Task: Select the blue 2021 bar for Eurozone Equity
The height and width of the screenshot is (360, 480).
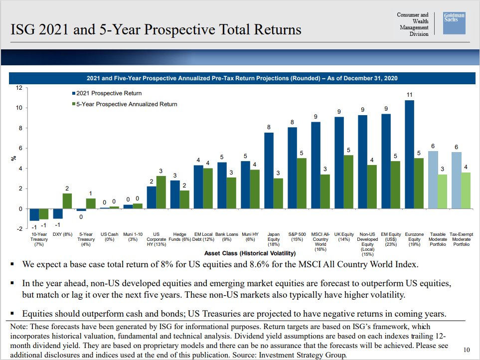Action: pyautogui.click(x=409, y=154)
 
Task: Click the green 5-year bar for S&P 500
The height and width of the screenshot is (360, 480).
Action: pyautogui.click(x=302, y=183)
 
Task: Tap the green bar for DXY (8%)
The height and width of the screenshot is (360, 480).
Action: pyautogui.click(x=67, y=201)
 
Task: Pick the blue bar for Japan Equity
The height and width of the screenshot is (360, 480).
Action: pyautogui.click(x=269, y=171)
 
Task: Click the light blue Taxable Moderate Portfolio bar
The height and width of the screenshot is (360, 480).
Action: pyautogui.click(x=433, y=180)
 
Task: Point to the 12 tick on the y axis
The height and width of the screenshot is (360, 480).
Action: pyautogui.click(x=19, y=88)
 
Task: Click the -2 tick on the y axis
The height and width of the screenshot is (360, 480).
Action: pyautogui.click(x=19, y=229)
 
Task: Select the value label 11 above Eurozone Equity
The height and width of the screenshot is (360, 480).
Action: pyautogui.click(x=409, y=94)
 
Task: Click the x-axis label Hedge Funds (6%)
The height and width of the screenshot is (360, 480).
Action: pyautogui.click(x=179, y=236)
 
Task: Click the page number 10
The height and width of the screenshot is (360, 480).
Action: pyautogui.click(x=466, y=350)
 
